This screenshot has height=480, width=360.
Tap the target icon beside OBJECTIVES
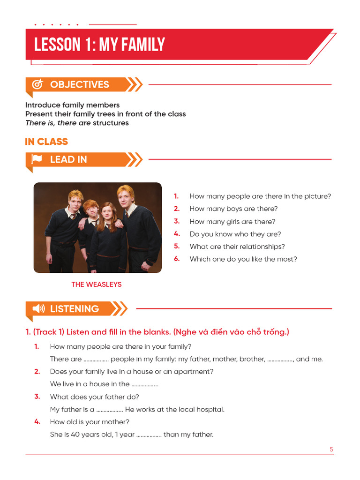[37, 84]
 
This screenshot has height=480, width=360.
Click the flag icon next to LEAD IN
[37, 159]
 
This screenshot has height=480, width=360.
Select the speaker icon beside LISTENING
[38, 308]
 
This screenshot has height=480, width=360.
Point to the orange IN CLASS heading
[46, 142]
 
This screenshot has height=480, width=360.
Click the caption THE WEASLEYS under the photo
[97, 285]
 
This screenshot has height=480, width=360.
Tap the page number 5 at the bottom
[331, 449]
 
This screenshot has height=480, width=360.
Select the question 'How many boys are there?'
[233, 209]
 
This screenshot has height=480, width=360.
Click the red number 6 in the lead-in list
[177, 259]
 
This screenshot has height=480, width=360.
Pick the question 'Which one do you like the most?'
[243, 259]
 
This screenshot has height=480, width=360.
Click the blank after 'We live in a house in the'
[145, 385]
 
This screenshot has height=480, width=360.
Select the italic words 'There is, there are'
[58, 123]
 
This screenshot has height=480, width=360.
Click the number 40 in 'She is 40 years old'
[75, 435]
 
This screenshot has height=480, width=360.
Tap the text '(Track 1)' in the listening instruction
[49, 332]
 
